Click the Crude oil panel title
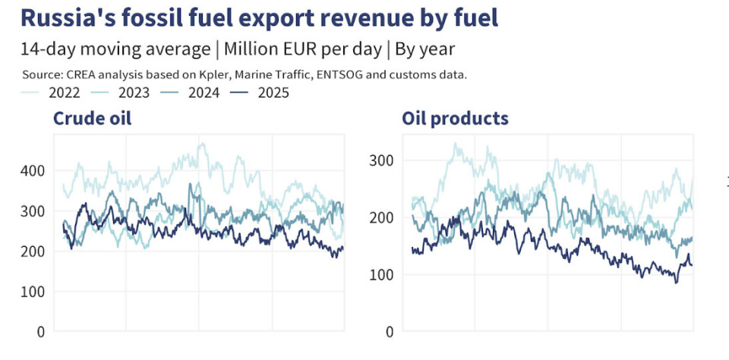coord(91,118)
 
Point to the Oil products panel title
coord(455,118)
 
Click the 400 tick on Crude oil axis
coord(34,171)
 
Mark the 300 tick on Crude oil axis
coord(34,211)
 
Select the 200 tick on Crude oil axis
coord(34,251)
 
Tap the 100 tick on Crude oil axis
coord(34,292)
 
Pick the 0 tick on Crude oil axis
coord(40,332)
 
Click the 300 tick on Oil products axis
coord(382,160)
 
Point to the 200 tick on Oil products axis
coord(382,218)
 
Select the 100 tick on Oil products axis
coord(382,275)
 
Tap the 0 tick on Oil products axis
coord(388,332)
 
